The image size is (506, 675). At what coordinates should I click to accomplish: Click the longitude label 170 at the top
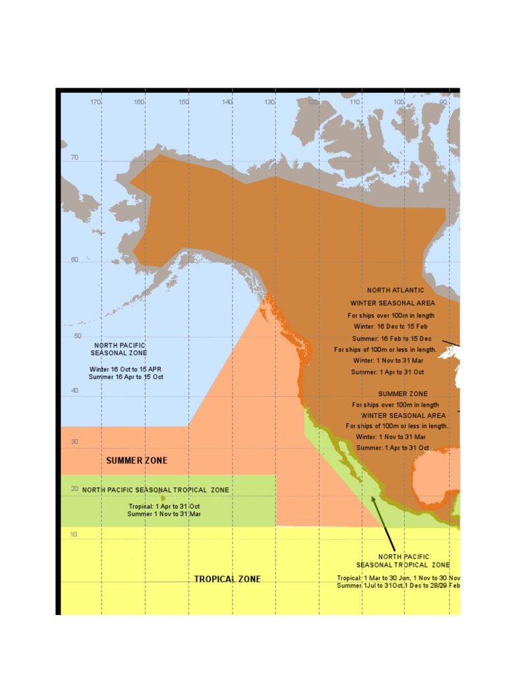click(96, 102)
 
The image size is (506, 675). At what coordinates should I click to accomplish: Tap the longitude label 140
click(227, 102)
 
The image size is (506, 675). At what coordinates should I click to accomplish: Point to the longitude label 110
click(355, 102)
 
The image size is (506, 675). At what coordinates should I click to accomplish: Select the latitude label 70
click(74, 158)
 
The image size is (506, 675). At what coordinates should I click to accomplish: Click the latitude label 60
click(74, 260)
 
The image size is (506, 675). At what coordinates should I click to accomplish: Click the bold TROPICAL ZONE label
click(227, 579)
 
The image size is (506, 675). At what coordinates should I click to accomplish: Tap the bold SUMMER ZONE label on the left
click(137, 461)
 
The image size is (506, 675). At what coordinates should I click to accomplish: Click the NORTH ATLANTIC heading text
click(396, 290)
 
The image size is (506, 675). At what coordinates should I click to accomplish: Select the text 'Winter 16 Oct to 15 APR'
click(126, 369)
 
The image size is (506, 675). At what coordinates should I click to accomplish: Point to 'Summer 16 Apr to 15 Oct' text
click(126, 377)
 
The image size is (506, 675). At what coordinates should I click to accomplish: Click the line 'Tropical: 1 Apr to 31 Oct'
click(164, 506)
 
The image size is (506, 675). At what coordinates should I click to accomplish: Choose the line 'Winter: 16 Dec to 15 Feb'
click(392, 326)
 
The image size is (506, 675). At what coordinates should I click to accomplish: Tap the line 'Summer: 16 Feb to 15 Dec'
click(392, 338)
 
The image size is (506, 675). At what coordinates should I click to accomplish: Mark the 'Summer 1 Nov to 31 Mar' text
click(164, 514)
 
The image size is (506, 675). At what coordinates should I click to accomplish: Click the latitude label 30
click(74, 442)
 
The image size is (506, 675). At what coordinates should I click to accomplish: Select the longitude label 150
click(184, 102)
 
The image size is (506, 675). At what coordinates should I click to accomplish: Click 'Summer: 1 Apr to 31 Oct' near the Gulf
click(393, 448)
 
